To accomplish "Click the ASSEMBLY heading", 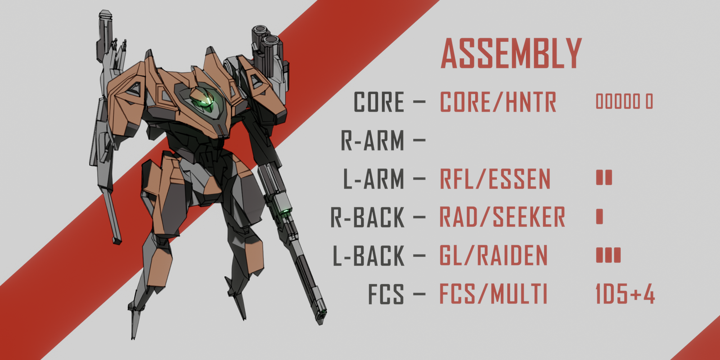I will [511, 54].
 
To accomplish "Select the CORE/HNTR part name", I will [498, 102].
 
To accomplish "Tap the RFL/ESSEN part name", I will [495, 179].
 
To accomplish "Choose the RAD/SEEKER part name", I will [502, 217].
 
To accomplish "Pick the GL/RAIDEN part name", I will [494, 256].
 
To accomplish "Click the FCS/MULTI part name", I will [493, 294].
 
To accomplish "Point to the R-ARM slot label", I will [372, 141].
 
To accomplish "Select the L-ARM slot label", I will [373, 179].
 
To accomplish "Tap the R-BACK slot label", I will [368, 217].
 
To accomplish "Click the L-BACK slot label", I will [369, 256].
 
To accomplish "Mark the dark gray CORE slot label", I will [379, 102].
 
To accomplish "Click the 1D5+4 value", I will [625, 294].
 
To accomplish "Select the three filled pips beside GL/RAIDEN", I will [608, 255].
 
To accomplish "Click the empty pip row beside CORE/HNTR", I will [624, 102].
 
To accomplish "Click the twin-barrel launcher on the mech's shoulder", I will [266, 47].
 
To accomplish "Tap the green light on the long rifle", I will [285, 211].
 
